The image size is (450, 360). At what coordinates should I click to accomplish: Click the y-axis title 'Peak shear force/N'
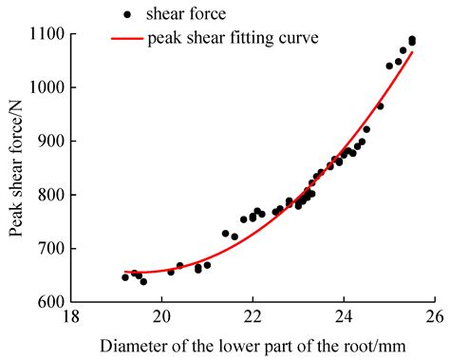tap(16, 168)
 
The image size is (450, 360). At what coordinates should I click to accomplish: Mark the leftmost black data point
tap(125, 277)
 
